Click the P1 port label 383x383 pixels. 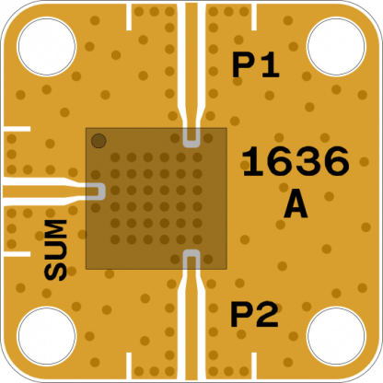(x=256, y=65)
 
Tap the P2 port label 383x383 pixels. (x=254, y=315)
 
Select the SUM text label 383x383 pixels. (x=55, y=250)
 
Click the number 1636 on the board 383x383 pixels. (x=296, y=161)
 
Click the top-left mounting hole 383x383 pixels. (x=47, y=46)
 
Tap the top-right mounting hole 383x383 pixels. (x=336, y=46)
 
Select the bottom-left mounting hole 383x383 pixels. (x=47, y=336)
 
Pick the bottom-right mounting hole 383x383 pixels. (x=336, y=336)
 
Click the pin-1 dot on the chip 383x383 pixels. (x=99, y=141)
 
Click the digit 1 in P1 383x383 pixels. (x=270, y=65)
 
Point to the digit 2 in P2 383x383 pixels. (x=268, y=315)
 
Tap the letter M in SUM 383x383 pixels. (x=55, y=229)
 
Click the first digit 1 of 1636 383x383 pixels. (x=253, y=161)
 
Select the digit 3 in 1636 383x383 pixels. (x=309, y=161)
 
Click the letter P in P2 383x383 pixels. (x=242, y=315)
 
